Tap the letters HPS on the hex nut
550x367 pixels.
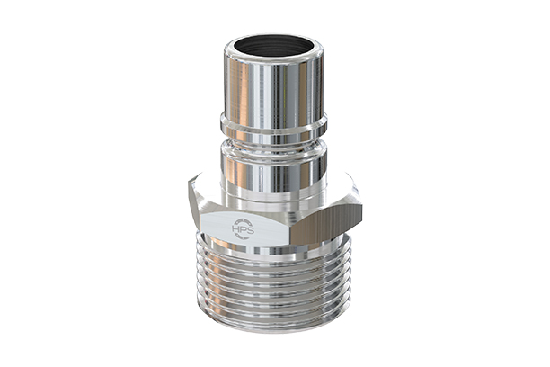(244, 231)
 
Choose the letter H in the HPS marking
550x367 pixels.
(236, 231)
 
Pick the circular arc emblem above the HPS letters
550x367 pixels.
(244, 221)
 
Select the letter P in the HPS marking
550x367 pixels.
(244, 231)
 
